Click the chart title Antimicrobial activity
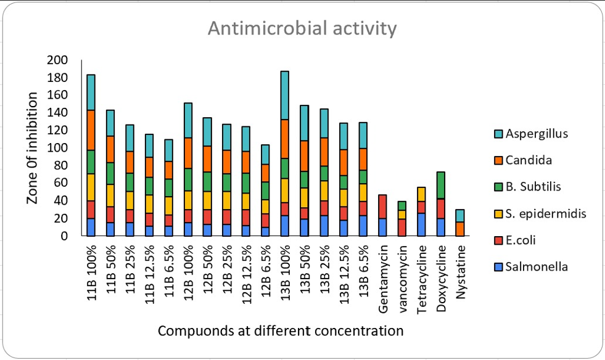[302, 29]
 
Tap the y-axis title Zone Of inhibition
[33, 148]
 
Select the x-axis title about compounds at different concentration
[281, 330]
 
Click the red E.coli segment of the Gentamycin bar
[382, 207]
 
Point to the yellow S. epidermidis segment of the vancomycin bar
[402, 215]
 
